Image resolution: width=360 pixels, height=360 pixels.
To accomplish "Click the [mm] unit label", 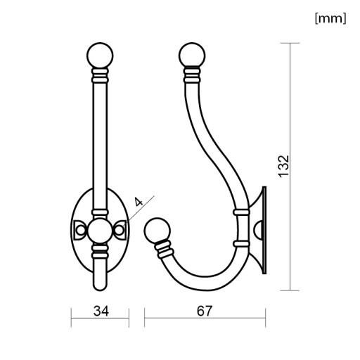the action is tap(330, 18).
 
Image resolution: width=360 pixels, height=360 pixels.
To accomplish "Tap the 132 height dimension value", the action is tap(283, 167).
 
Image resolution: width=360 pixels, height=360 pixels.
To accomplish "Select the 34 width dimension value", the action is tap(101, 311).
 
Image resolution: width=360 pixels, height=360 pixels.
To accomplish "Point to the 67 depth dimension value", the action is tap(205, 311).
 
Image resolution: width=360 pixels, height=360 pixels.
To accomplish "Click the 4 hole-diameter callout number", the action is tap(139, 202).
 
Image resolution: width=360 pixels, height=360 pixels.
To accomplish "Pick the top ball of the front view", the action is tap(100, 56).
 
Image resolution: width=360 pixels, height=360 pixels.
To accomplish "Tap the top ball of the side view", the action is tap(192, 56).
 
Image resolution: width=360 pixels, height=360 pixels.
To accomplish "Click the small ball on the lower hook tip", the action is tap(157, 231).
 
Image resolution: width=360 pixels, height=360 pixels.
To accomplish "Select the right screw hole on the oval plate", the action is tap(119, 230).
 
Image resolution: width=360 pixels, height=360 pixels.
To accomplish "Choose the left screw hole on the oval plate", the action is tap(79, 230).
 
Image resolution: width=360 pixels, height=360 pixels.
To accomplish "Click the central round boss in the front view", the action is tap(100, 231).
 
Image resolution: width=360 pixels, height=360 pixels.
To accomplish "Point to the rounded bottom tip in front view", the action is tap(100, 285).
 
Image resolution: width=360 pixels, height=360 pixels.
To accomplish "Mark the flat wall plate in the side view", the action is tap(264, 230).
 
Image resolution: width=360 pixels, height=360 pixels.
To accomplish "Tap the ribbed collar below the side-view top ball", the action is tap(192, 75).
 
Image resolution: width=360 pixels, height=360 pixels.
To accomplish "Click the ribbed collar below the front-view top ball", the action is tap(100, 75).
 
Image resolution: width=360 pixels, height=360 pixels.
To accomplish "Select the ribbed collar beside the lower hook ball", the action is tap(164, 249).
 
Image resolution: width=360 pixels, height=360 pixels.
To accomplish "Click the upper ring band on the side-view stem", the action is tap(241, 212).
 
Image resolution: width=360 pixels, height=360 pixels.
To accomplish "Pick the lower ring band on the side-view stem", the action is tap(241, 244).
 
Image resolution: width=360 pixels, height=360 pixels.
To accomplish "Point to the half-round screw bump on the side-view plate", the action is tap(258, 230).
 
